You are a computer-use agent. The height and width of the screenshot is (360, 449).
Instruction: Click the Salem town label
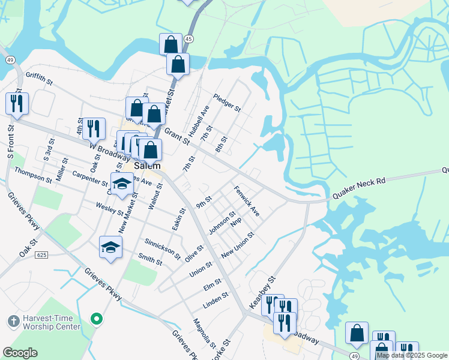148,166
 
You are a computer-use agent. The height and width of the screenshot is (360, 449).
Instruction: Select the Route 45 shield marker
189,38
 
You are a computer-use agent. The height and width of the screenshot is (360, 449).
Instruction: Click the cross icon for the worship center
13,322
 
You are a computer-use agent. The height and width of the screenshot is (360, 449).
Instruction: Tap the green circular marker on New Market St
95,318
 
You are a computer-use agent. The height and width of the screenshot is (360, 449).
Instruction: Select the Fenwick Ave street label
246,203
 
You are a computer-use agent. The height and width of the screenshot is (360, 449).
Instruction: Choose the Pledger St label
226,103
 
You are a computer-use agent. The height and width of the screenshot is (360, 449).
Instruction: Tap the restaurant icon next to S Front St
17,103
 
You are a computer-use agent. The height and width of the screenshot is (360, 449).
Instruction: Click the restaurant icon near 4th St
94,128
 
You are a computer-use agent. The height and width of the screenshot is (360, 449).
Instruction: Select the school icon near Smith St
111,247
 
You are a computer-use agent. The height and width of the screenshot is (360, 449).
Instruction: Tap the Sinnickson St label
162,248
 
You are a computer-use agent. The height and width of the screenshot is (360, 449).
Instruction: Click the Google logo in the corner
20,353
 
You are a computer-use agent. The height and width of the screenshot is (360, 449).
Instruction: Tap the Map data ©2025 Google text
412,355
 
